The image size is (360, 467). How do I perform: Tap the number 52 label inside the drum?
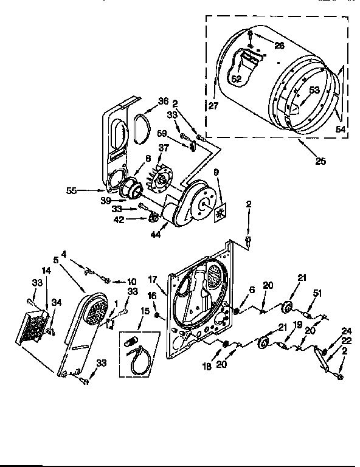[x=237, y=78]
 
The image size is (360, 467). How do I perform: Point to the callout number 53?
[x=314, y=91]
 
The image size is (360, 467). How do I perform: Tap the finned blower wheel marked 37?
[x=162, y=178]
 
